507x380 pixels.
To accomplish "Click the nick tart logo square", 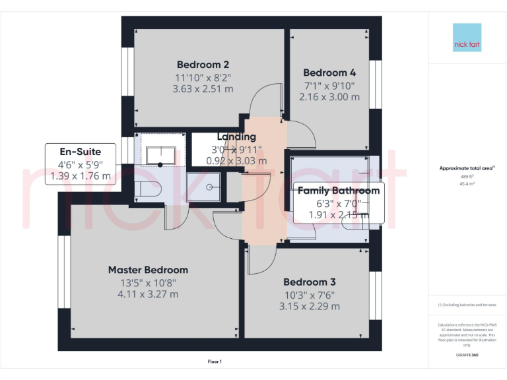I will (467, 38).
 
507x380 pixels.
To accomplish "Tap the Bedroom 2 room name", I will (203, 65).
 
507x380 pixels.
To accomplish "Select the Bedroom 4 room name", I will (329, 73).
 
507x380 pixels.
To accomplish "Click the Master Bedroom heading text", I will (148, 270).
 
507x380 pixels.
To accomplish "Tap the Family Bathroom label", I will (338, 191).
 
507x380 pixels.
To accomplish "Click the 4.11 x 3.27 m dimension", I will (148, 294).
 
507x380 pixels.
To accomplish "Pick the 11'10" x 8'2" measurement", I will (203, 77).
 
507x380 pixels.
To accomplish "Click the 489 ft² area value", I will (467, 177).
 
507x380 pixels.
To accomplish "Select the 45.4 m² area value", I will (467, 184).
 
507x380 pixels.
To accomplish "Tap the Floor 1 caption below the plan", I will (215, 362).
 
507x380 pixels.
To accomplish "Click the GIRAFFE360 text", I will (467, 355).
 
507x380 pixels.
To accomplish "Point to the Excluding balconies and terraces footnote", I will (467, 305).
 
